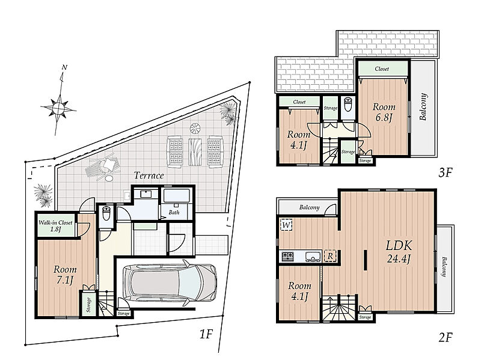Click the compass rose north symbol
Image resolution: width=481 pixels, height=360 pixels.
[x=58, y=108]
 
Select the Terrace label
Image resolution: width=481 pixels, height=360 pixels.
[x=149, y=175]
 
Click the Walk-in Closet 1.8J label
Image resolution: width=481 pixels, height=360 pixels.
[x=55, y=226]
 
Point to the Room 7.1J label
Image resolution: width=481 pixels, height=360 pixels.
[x=65, y=275]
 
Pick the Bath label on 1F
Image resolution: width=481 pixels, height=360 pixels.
[x=174, y=212]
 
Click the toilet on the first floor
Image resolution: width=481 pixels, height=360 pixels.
[x=106, y=213]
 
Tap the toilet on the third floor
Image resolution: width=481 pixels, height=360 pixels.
[x=348, y=105]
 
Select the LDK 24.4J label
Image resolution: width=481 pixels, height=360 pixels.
[x=399, y=252]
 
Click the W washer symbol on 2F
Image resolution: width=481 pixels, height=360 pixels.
[x=286, y=225]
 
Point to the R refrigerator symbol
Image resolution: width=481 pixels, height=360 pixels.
[x=330, y=256]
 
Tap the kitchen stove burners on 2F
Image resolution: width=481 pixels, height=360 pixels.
[x=288, y=256]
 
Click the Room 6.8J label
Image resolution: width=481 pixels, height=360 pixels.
[x=384, y=112]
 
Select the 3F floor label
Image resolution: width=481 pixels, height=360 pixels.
[x=446, y=173]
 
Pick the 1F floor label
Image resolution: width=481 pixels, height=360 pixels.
[x=206, y=334]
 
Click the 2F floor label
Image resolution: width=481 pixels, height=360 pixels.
[x=446, y=338]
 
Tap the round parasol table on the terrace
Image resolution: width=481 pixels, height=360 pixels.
[x=195, y=129]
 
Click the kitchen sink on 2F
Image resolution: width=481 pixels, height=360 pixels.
[x=313, y=256]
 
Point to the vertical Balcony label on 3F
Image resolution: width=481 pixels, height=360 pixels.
[x=423, y=107]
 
